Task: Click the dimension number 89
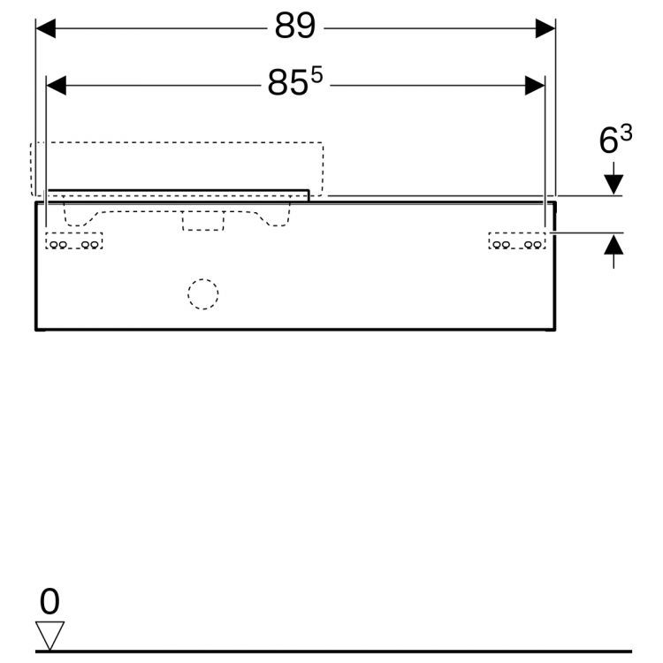294,27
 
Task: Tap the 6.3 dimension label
615,140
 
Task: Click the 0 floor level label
50,602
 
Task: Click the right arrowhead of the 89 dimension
545,28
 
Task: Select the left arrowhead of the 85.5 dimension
57,85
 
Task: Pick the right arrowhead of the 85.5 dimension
535,85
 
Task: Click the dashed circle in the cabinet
202,294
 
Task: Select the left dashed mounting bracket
74,241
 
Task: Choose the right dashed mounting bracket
517,241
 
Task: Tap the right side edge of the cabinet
555,265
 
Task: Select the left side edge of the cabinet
35,265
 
